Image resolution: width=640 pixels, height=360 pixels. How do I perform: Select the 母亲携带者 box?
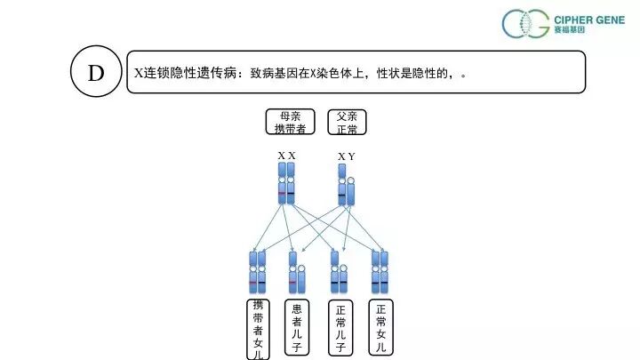click(291, 122)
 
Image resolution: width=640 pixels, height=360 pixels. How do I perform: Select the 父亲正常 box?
click(347, 122)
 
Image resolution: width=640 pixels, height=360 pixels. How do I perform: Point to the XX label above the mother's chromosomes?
click(286, 156)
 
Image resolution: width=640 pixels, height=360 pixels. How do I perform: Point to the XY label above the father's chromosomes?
click(346, 156)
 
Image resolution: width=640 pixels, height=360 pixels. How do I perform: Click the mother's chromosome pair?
click(286, 183)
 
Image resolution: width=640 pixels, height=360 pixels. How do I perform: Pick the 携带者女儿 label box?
click(258, 329)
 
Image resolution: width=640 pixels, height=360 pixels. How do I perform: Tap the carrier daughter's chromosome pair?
click(258, 273)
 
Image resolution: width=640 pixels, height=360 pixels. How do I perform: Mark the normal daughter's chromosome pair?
click(380, 273)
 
